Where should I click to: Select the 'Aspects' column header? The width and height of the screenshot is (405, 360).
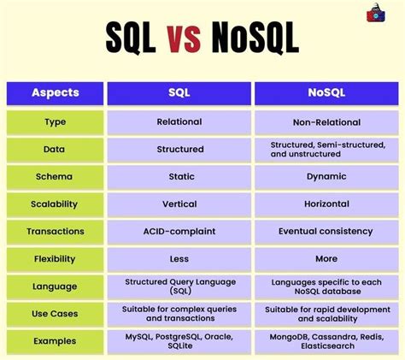[55, 94]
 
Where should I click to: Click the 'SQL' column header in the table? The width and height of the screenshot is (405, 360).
[179, 94]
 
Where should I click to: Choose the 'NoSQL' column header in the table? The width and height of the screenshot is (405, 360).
[326, 94]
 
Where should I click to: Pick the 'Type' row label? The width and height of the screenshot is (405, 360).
[55, 122]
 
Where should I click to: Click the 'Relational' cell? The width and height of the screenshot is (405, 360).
[179, 122]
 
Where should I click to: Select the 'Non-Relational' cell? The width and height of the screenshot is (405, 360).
[326, 122]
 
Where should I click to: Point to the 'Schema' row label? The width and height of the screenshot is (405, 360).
[55, 176]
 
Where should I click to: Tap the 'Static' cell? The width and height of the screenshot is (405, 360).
[179, 176]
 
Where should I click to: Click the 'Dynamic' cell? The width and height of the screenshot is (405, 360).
[326, 176]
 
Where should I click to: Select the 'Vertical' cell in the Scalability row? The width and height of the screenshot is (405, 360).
[179, 204]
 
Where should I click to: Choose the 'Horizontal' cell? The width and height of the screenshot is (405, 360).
[326, 204]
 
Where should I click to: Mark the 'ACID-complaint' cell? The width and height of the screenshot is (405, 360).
[179, 231]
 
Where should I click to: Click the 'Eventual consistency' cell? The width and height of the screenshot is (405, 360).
[326, 231]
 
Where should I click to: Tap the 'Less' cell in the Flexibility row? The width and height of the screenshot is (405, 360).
[179, 258]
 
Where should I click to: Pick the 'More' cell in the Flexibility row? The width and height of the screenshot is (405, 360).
[326, 258]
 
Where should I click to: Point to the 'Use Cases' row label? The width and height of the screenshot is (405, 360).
[55, 313]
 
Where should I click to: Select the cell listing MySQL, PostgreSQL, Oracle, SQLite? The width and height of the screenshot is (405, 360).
[179, 340]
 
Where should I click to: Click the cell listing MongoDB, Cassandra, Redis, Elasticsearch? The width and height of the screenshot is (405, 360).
[326, 340]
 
